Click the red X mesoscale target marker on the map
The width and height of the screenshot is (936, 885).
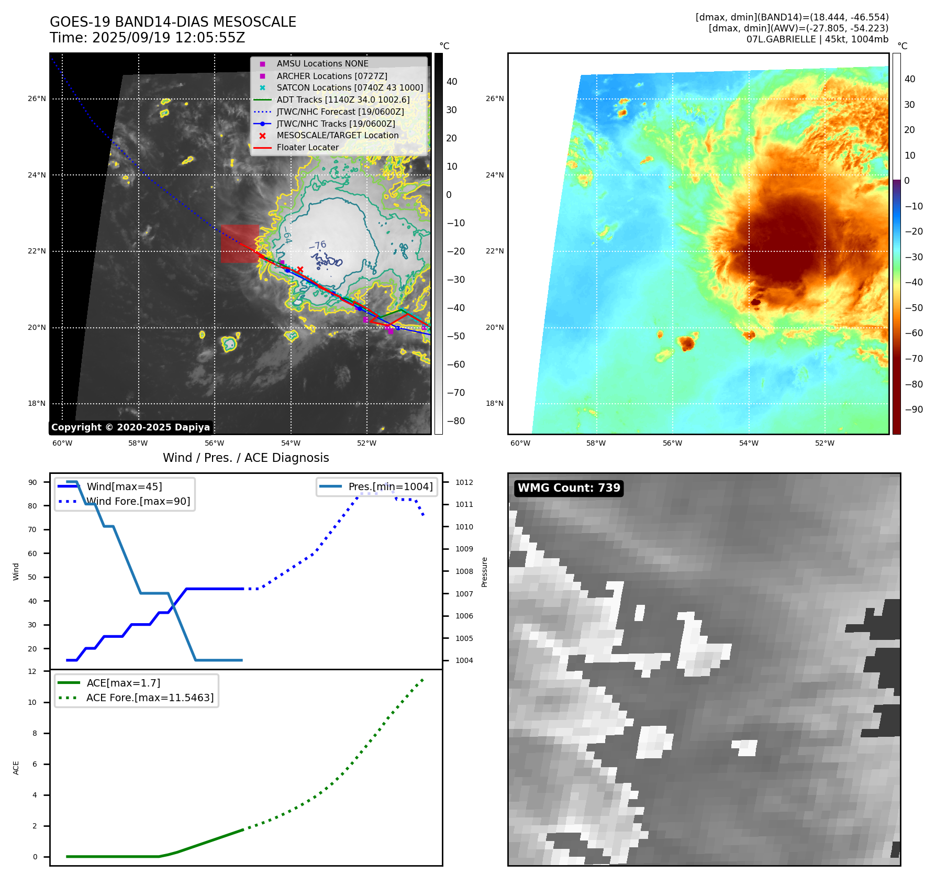[300, 270]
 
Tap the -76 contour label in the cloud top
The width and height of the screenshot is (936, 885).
[318, 245]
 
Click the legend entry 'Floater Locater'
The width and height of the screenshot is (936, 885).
[307, 148]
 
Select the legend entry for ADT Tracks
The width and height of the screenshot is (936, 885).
[343, 99]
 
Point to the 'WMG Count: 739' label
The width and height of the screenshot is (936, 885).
[569, 488]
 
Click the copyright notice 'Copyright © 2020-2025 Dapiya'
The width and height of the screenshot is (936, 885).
[130, 427]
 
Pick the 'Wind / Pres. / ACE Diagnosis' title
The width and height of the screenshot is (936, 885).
[246, 458]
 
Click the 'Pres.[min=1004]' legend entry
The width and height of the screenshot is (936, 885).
[391, 486]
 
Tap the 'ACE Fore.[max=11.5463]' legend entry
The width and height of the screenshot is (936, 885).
[150, 698]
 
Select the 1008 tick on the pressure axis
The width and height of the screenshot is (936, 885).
[464, 571]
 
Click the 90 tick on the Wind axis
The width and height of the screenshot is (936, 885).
[32, 482]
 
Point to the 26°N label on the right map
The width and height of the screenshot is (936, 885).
[495, 98]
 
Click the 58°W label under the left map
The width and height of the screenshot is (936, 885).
[138, 443]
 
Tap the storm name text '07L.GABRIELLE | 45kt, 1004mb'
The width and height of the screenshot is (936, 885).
[817, 39]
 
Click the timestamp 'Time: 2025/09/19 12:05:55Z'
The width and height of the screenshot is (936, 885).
[147, 38]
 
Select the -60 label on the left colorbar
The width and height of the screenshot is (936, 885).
[455, 364]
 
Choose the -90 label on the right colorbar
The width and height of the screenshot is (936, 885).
[913, 410]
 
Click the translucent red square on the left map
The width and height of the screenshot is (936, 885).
[239, 244]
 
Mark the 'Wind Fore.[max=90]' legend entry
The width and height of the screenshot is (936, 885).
[138, 501]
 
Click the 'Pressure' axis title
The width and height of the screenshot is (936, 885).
[484, 572]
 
